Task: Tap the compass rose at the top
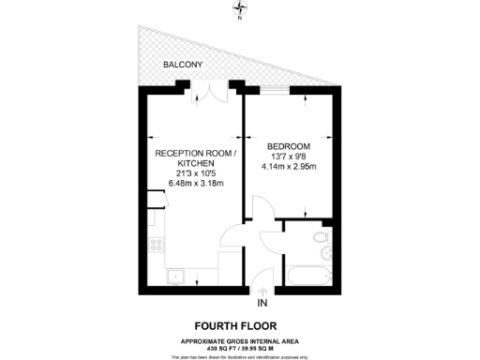[240, 7]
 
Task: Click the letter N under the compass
[240, 19]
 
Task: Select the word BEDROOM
[289, 146]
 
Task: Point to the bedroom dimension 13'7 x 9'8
[289, 157]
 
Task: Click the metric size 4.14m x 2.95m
[289, 169]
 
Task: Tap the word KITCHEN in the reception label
[194, 163]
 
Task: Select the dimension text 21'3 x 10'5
[194, 174]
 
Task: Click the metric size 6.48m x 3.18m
[194, 186]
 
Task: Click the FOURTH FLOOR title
[240, 325]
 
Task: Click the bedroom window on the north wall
[277, 91]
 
